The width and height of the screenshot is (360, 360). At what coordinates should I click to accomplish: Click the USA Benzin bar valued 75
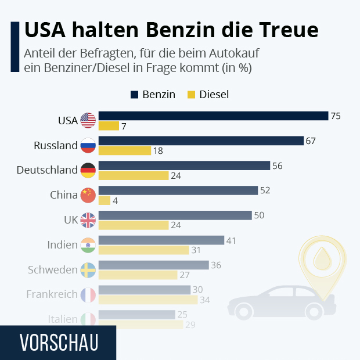pos(213,116)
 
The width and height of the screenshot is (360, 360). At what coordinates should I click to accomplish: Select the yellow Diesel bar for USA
pos(109,126)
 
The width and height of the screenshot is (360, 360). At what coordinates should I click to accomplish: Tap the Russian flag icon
pos(88,145)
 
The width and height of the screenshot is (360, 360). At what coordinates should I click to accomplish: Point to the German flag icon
pos(88,170)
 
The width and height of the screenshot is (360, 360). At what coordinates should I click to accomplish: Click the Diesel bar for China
pos(105,200)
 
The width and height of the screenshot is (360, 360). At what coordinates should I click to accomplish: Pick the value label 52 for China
pos(265,190)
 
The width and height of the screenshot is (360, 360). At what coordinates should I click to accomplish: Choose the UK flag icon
pos(88,220)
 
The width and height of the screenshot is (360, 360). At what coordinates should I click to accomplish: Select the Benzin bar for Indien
pos(161,240)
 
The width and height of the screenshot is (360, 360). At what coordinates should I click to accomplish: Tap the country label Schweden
pos(52,270)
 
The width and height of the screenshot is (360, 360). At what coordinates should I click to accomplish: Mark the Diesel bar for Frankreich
pos(148,300)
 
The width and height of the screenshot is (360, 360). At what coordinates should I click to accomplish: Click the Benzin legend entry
pos(153,95)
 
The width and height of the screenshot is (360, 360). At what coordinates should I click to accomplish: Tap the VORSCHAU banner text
pos(58,343)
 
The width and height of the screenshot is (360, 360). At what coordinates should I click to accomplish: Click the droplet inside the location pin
pos(321,258)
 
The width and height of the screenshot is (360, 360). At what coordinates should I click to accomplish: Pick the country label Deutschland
pos(47,170)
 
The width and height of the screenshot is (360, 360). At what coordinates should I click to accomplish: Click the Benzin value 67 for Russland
pos(311,141)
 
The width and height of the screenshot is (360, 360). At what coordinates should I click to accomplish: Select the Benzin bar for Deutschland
pos(184,165)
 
